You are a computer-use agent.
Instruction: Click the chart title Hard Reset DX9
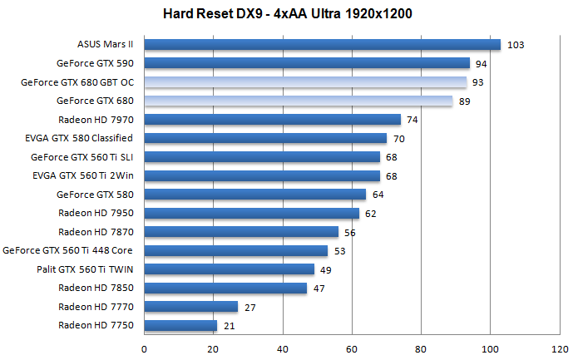pyautogui.click(x=287, y=14)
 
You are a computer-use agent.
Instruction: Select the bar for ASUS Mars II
pyautogui.click(x=323, y=45)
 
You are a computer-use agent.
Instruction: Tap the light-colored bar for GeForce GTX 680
pyautogui.click(x=299, y=101)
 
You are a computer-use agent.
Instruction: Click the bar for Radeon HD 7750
pyautogui.click(x=180, y=325)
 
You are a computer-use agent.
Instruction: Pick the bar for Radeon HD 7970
pyautogui.click(x=273, y=120)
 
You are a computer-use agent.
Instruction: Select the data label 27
pyautogui.click(x=249, y=307)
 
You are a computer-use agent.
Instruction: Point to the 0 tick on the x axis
pyautogui.click(x=145, y=348)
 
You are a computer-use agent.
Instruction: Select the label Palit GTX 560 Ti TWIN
pyautogui.click(x=85, y=269)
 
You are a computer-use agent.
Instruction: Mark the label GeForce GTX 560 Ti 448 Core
pyautogui.click(x=68, y=250)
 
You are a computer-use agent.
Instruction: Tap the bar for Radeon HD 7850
pyautogui.click(x=225, y=288)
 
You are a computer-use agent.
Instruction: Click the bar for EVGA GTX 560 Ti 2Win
pyautogui.click(x=262, y=175)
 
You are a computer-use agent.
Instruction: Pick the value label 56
pyautogui.click(x=349, y=232)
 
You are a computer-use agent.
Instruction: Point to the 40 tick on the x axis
pyautogui.click(x=283, y=348)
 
